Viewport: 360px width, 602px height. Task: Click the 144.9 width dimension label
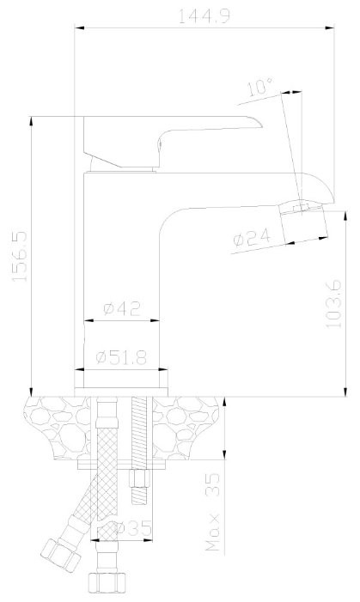click(204, 16)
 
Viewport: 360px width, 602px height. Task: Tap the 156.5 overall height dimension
click(20, 256)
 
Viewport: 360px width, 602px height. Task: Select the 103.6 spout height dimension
click(333, 304)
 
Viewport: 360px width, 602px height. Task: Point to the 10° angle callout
click(259, 87)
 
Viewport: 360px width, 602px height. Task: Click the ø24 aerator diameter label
click(252, 238)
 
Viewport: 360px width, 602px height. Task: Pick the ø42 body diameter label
click(122, 308)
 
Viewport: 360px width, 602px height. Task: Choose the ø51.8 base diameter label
click(121, 358)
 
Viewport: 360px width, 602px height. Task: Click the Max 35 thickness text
click(213, 511)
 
